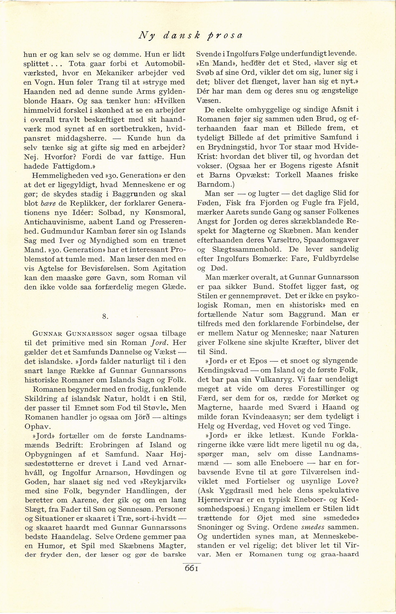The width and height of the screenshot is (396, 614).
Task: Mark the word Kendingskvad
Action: tap(223, 370)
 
